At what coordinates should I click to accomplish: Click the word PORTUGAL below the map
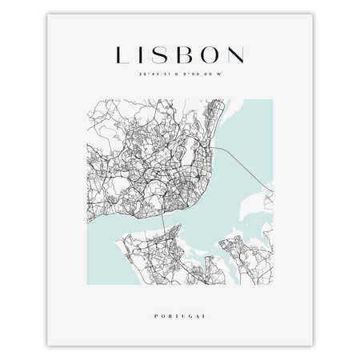click(x=180, y=316)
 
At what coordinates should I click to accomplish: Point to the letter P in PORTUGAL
click(x=155, y=316)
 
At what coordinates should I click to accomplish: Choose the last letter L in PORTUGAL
click(x=204, y=316)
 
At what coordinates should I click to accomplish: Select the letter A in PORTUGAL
click(x=197, y=316)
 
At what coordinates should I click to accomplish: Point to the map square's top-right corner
click(x=272, y=100)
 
